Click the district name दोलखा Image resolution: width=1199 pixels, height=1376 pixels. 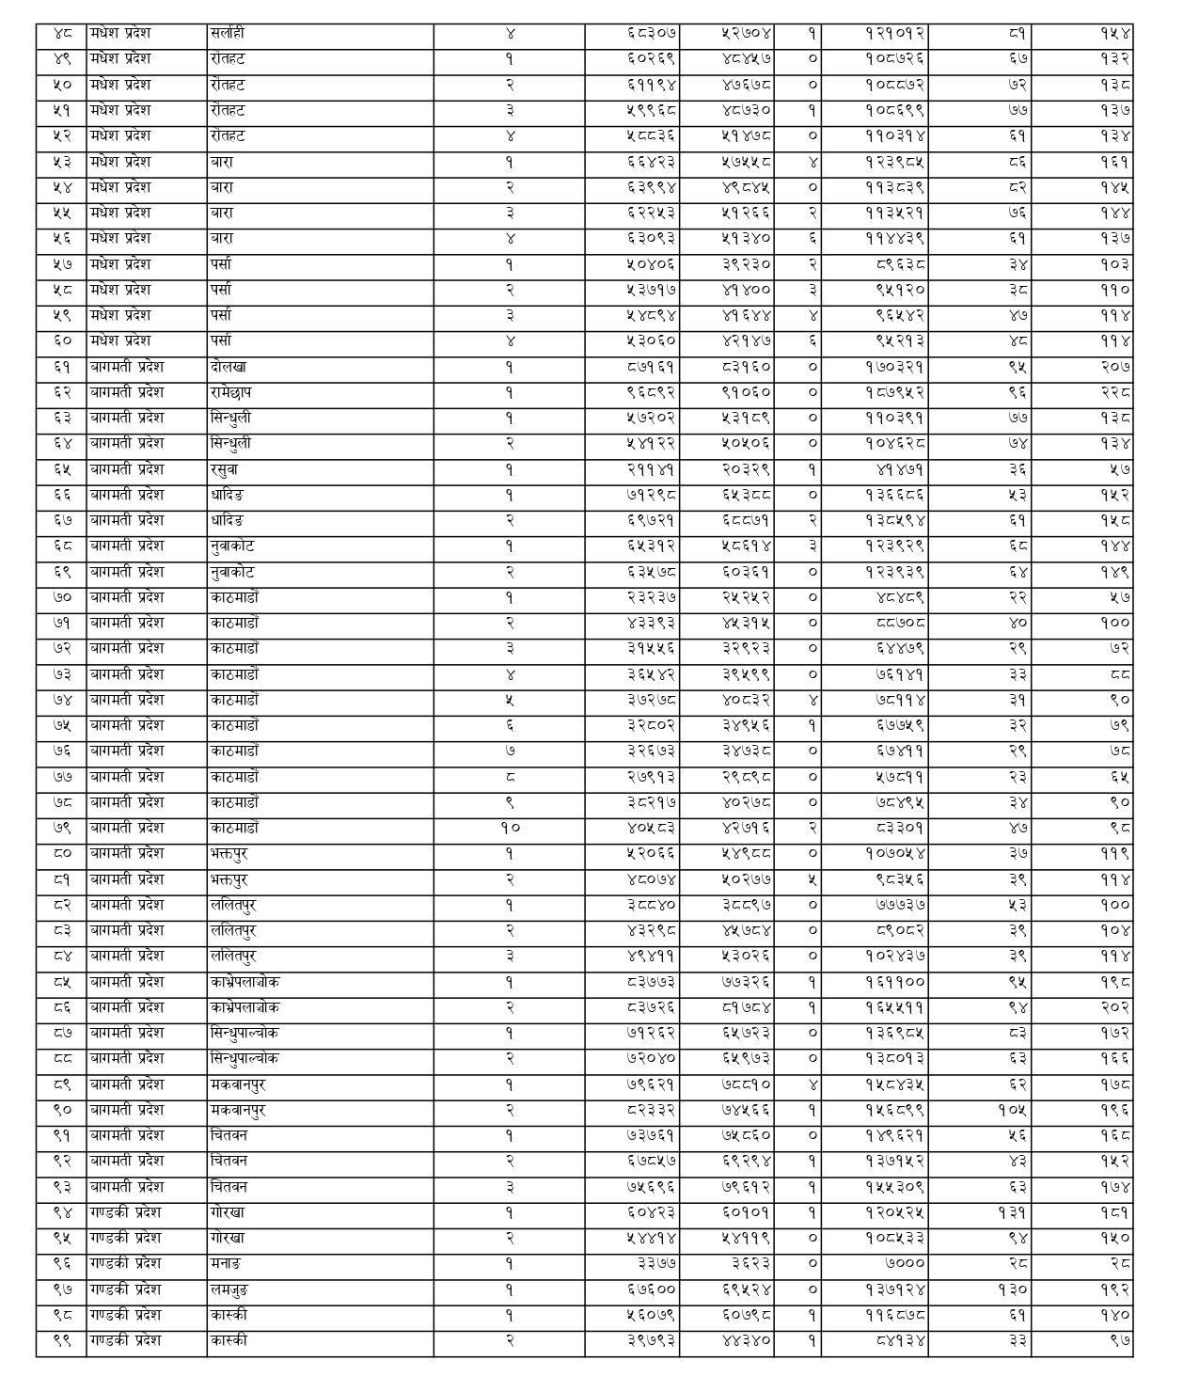pos(229,367)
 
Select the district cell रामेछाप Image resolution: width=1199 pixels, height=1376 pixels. pos(231,392)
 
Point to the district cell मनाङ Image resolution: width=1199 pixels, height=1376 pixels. pos(226,1264)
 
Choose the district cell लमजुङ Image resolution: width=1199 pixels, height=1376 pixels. pos(229,1289)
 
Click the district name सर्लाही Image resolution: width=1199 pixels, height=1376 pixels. pos(229,33)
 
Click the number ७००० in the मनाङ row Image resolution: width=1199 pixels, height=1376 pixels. pos(905,1264)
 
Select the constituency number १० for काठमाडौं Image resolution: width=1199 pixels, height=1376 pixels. pos(509,829)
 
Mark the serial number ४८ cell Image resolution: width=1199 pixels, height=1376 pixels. pos(62,33)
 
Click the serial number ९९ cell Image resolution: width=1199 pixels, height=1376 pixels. pos(62,1340)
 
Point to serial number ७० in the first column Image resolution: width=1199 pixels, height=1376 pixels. pos(62,597)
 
